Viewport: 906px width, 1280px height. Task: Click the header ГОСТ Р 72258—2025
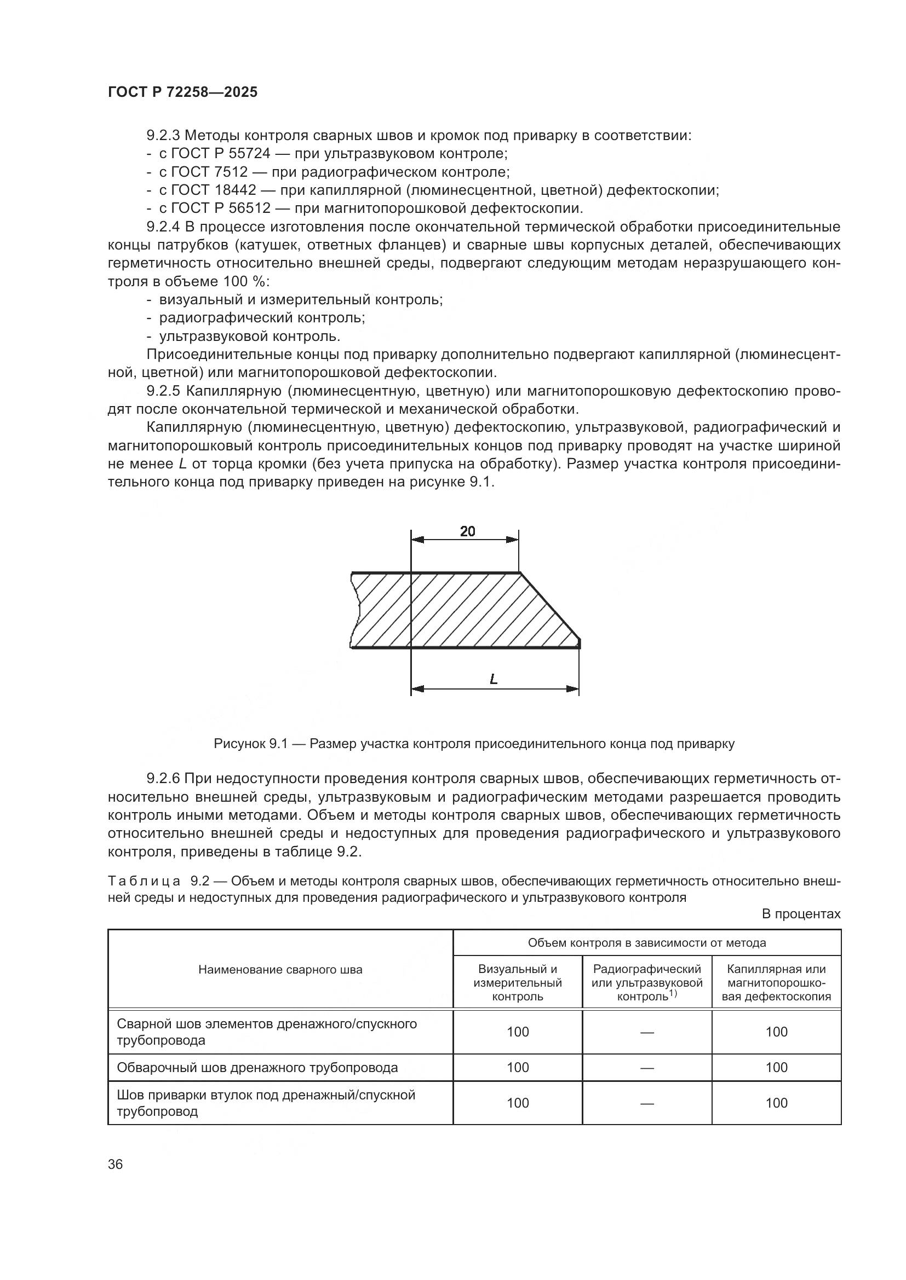(182, 92)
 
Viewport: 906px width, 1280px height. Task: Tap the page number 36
(116, 1164)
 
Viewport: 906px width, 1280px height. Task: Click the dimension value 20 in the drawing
(467, 531)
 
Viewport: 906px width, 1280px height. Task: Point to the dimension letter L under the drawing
(493, 679)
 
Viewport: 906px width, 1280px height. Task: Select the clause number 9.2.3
(163, 136)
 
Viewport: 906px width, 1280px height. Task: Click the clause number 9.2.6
(163, 778)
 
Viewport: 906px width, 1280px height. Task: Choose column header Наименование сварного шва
(280, 970)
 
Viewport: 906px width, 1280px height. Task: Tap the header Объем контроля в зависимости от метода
(646, 943)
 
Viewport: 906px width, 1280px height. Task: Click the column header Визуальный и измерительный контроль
(517, 982)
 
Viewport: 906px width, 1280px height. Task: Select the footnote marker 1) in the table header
(673, 993)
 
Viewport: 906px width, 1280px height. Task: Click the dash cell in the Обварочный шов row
(646, 1068)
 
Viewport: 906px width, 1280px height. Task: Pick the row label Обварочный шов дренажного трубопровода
(257, 1068)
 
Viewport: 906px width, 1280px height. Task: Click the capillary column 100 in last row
(776, 1103)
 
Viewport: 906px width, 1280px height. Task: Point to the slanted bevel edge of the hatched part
(550, 606)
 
